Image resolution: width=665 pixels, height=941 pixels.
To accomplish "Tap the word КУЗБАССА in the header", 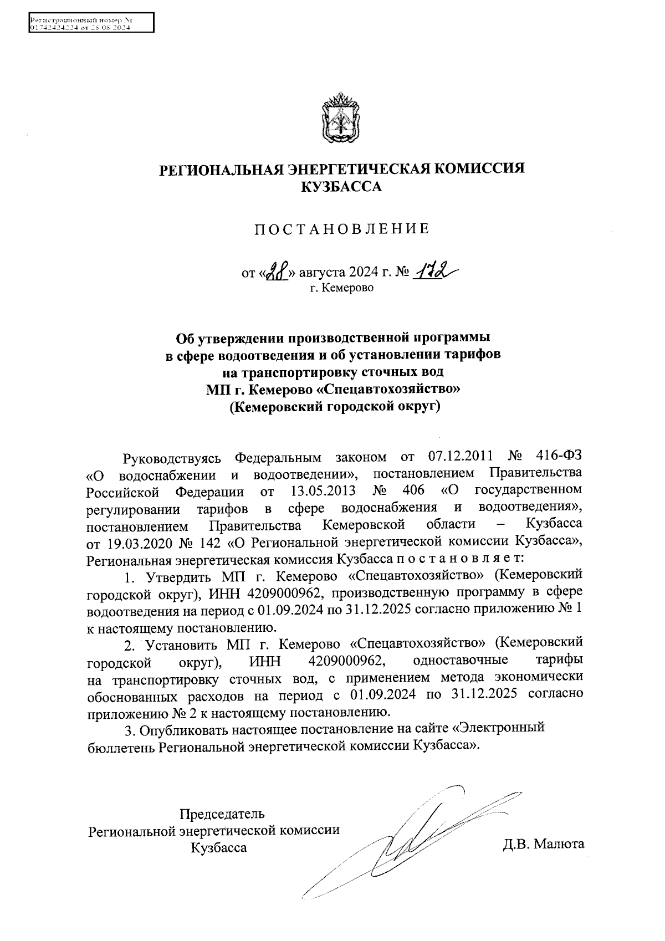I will pos(341,187).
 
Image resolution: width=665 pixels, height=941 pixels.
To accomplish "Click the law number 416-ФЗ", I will pos(560,457).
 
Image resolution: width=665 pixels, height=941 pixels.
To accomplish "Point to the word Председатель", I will pos(222,814).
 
